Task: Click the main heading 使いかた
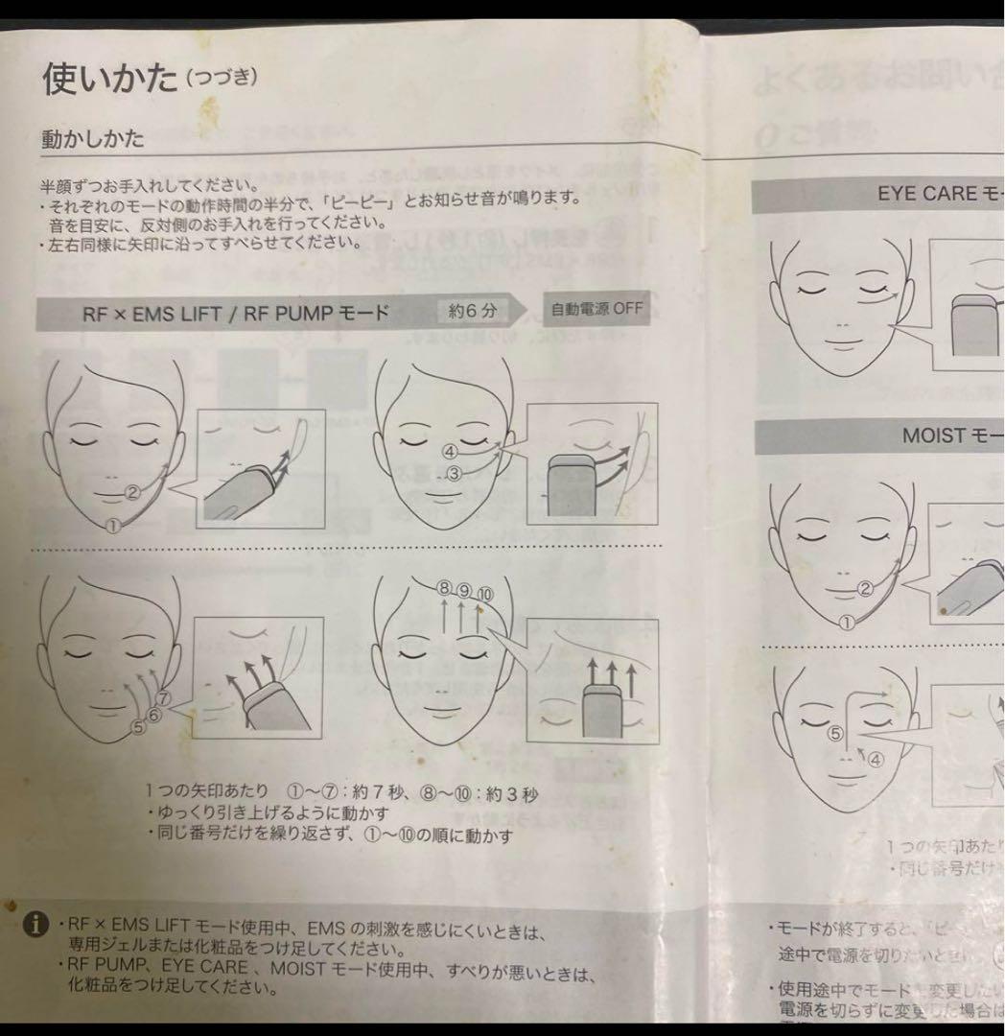coord(109,79)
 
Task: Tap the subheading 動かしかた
coord(92,139)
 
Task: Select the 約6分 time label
coord(473,311)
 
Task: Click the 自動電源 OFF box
coord(596,310)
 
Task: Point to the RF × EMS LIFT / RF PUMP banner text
coord(235,313)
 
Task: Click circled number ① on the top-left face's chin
coord(112,525)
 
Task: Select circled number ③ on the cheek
coord(456,472)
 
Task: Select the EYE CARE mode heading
coord(936,194)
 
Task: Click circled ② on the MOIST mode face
coord(865,589)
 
